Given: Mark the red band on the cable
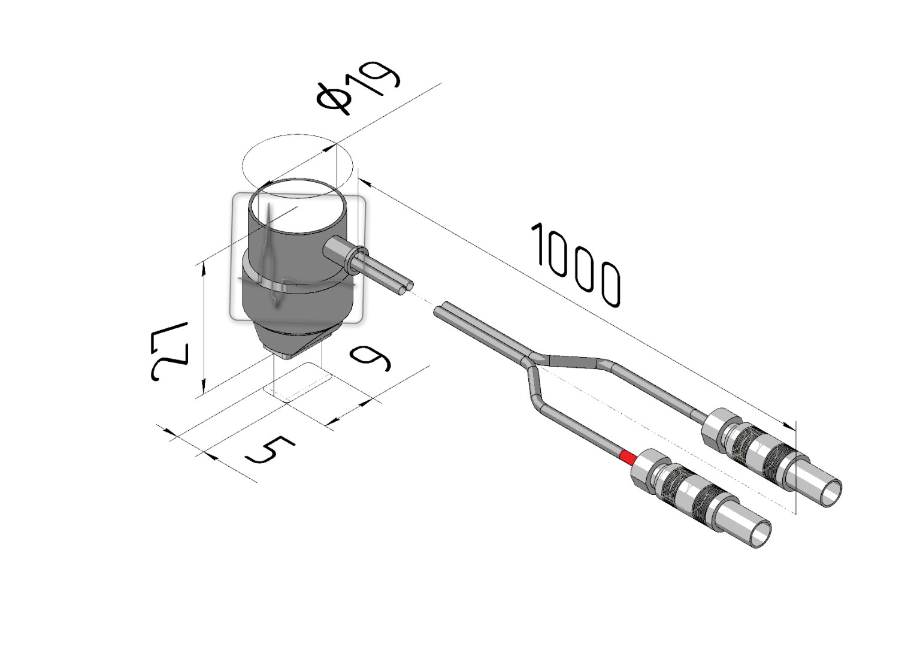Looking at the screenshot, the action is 628,457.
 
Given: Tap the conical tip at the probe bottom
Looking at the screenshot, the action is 292,341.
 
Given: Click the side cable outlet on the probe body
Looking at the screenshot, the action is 338,253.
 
